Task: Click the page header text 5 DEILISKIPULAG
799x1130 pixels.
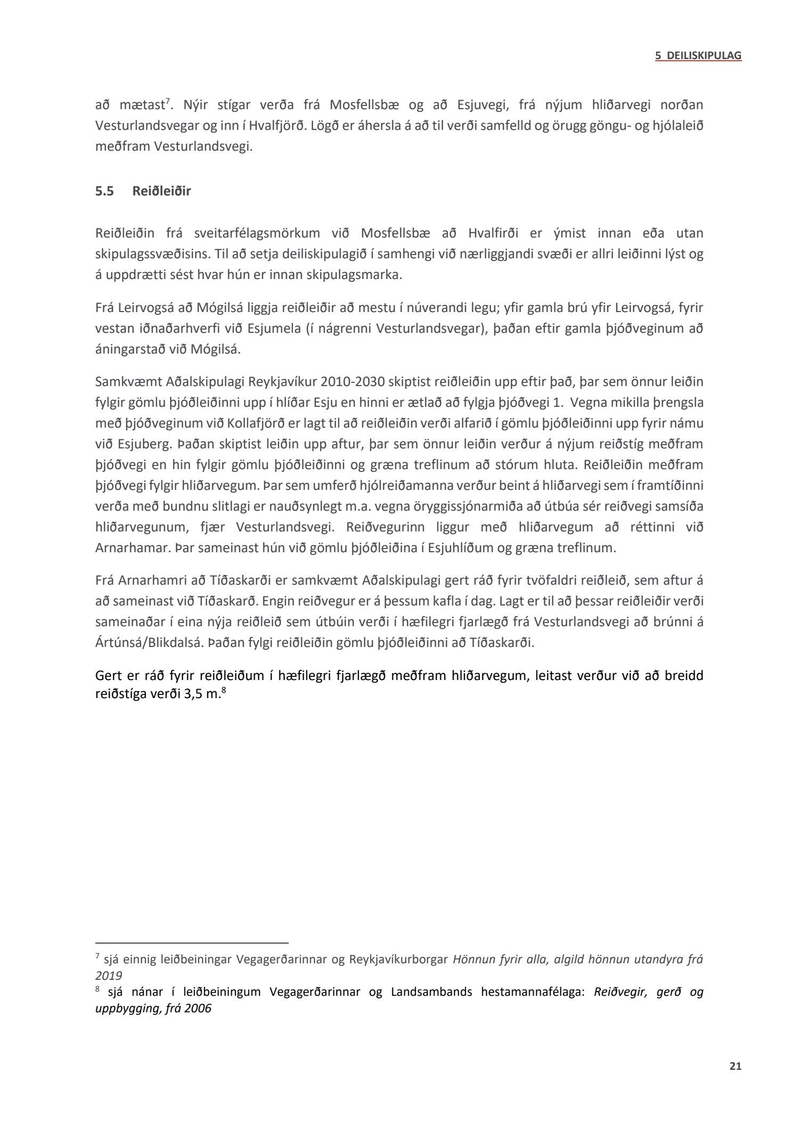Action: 698,55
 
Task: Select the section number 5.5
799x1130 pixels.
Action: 104,191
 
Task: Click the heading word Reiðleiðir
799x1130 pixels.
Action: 161,191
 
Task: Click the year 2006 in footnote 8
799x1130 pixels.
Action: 197,1009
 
